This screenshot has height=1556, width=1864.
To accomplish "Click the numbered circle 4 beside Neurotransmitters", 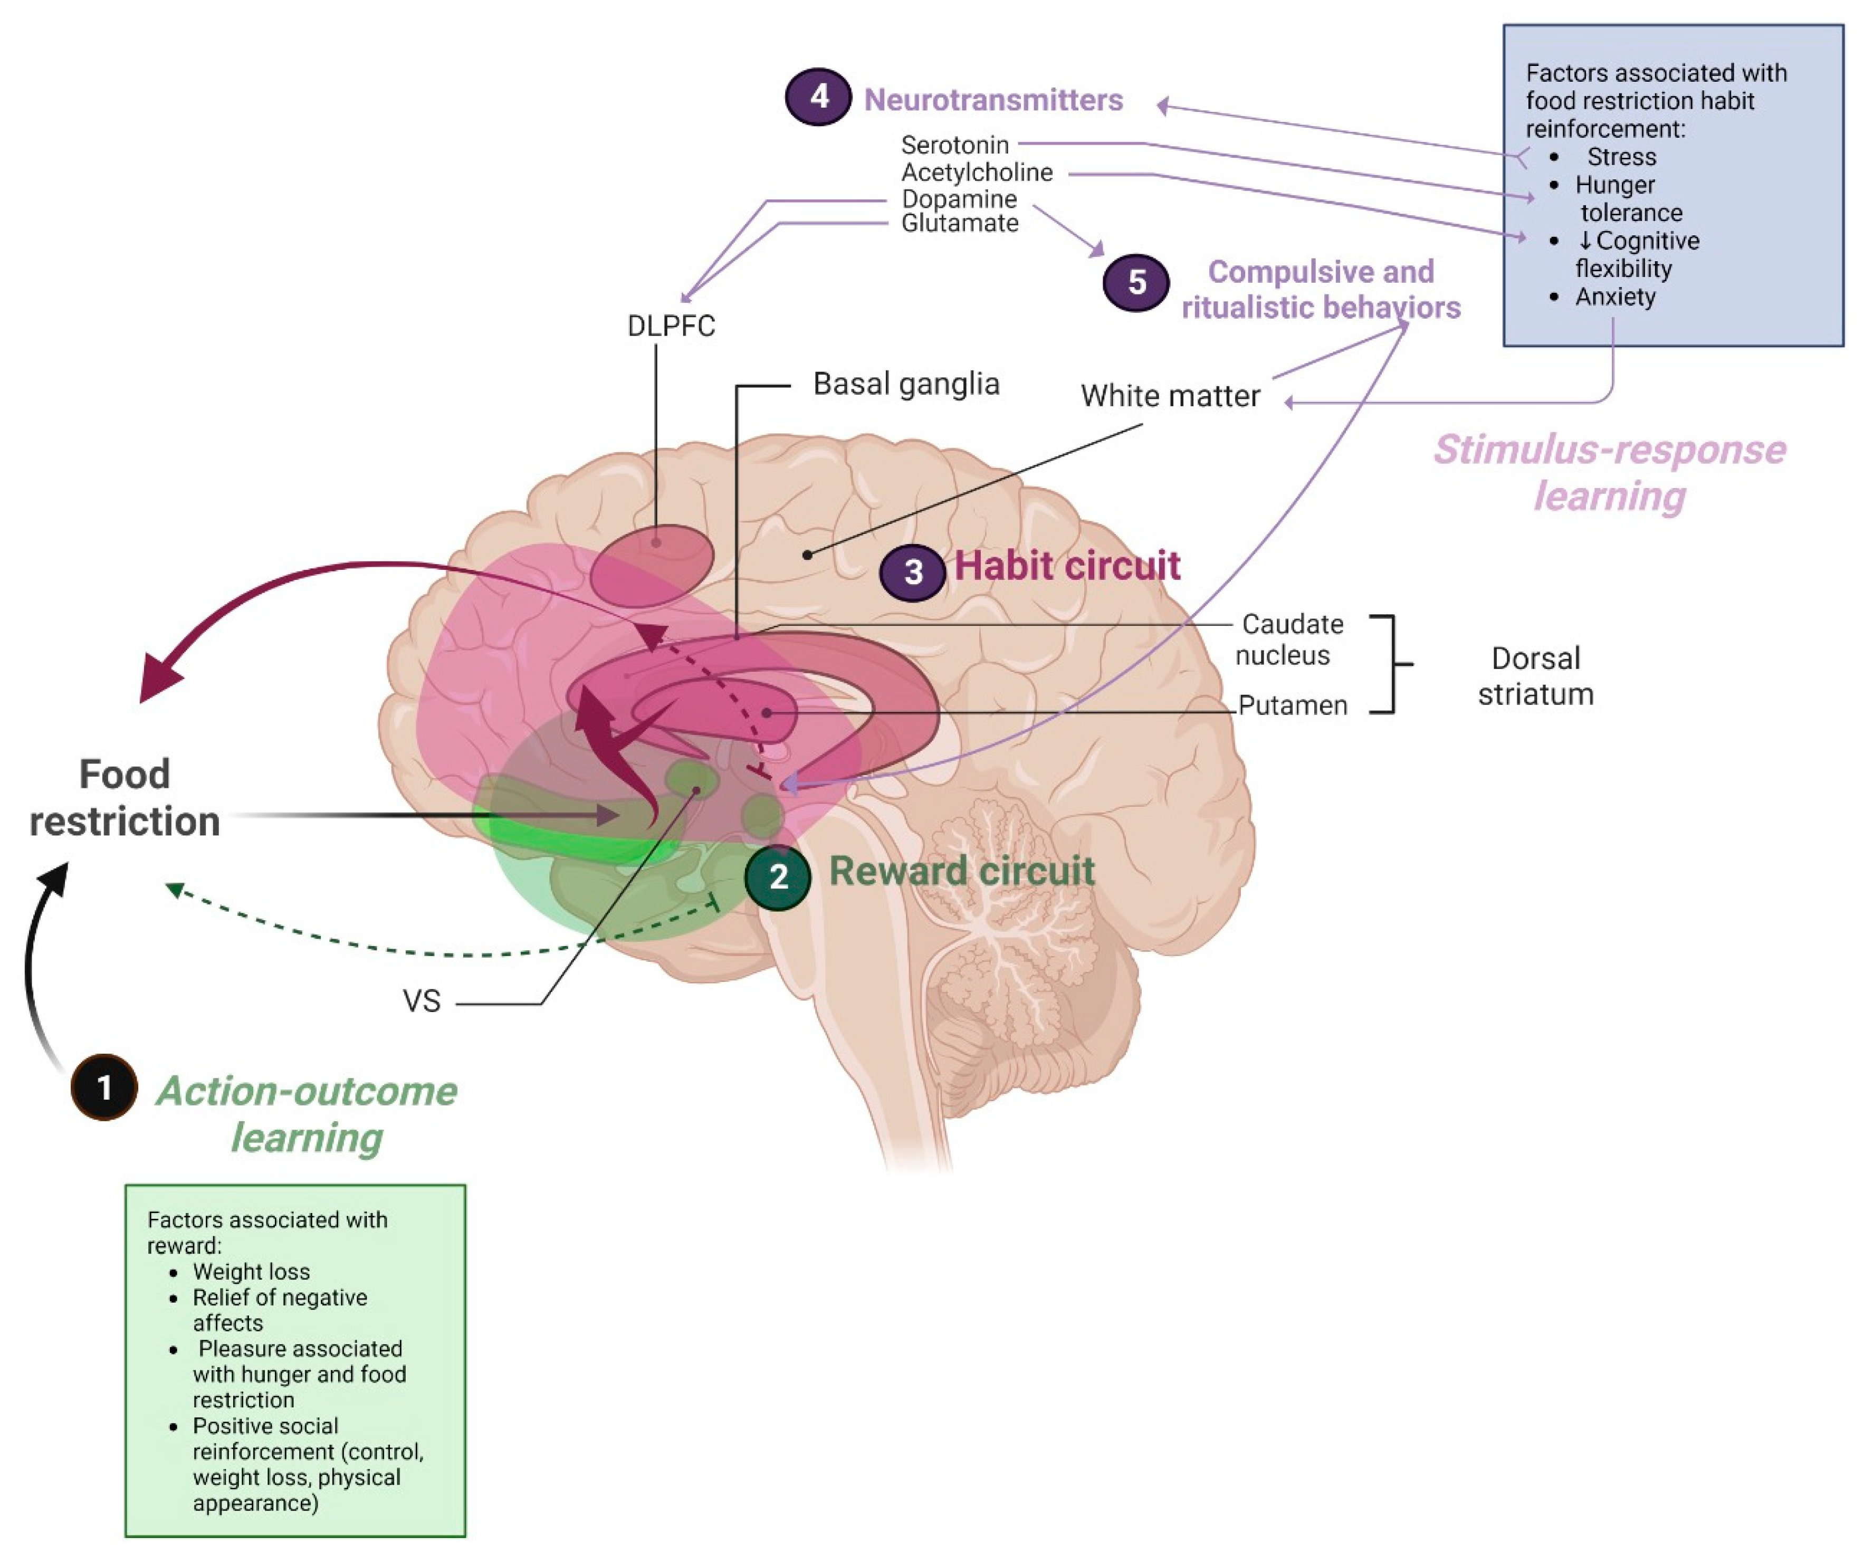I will pos(818,97).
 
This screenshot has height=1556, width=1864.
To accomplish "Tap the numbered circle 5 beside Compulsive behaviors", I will pos(1136,282).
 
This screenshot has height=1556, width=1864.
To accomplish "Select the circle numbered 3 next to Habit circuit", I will pos(912,571).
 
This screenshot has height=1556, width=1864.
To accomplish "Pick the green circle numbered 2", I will pos(778,877).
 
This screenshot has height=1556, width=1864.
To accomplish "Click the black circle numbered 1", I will pos(104,1087).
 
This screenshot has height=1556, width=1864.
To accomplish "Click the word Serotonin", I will pos(955,145).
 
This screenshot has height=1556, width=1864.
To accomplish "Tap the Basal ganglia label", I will pos(906,384).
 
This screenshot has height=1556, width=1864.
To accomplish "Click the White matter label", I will pos(1170,396).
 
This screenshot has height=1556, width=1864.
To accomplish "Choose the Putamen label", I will pos(1293,705).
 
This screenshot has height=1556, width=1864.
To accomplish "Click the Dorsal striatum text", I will pos(1536,676).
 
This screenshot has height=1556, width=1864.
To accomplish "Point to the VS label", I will pos(422,1001).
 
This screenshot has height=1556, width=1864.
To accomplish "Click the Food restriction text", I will pos(125,798).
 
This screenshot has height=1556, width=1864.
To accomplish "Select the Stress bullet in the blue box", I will pos(1621,157).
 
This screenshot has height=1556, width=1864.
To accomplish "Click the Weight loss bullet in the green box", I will pos(251,1272).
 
